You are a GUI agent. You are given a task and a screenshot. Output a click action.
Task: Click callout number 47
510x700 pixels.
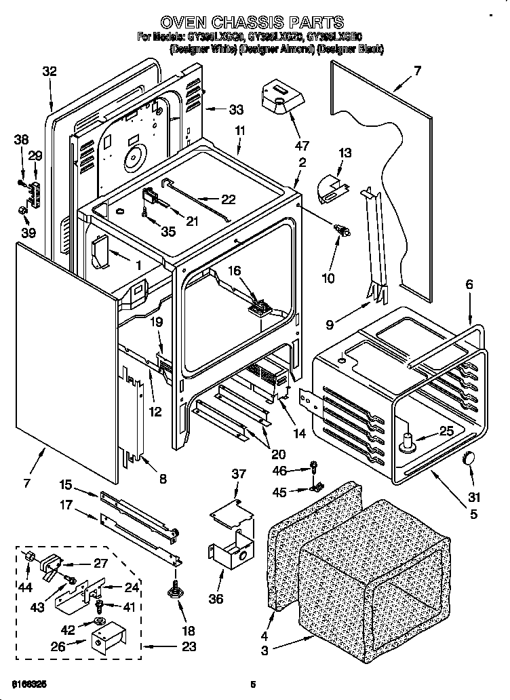point(302,145)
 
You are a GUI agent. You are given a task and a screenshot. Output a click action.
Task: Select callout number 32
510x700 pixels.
point(50,71)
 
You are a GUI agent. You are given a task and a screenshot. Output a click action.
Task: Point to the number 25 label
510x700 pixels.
point(446,430)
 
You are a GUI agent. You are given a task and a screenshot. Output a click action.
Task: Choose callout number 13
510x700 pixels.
point(345,153)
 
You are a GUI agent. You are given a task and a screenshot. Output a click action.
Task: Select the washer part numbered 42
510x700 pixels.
point(99,622)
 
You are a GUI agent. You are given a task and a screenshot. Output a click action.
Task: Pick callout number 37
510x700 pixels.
point(237,473)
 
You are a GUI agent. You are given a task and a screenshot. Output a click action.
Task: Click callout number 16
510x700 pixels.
point(234,271)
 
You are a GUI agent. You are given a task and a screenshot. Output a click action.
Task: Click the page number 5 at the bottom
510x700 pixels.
point(252,684)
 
